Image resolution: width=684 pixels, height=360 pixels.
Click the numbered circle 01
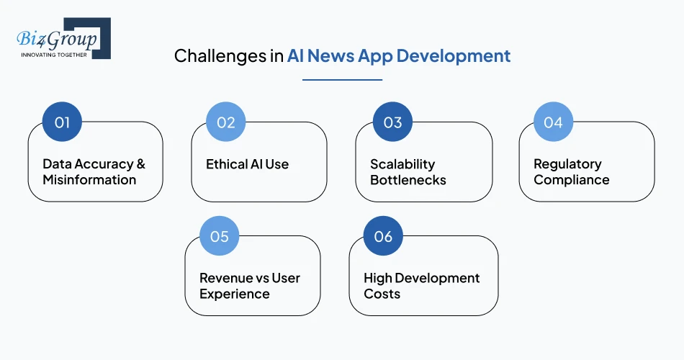[x=62, y=122]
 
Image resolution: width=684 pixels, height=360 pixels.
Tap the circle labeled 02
[x=225, y=122]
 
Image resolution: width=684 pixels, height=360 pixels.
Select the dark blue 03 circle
[x=392, y=122]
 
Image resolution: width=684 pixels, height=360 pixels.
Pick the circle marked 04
[x=553, y=122]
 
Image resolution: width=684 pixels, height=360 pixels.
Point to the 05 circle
[x=220, y=236]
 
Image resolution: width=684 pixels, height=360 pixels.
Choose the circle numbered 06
[x=383, y=236]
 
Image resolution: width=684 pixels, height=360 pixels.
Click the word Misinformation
[x=89, y=180]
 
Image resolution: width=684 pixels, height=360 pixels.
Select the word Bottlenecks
[x=408, y=180]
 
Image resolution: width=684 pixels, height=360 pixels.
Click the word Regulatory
[x=567, y=164]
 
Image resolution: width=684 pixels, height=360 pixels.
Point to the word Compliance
[x=572, y=180]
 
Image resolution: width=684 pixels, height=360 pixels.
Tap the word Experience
[x=235, y=294]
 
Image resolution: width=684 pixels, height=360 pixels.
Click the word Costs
[x=382, y=294]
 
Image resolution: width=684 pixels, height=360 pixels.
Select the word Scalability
[x=402, y=164]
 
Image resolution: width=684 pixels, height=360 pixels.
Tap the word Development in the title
[x=454, y=56]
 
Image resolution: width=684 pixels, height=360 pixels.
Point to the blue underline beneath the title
[x=343, y=80]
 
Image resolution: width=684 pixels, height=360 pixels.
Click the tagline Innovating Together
[x=54, y=55]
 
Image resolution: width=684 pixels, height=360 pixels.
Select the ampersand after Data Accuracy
[x=141, y=164]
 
